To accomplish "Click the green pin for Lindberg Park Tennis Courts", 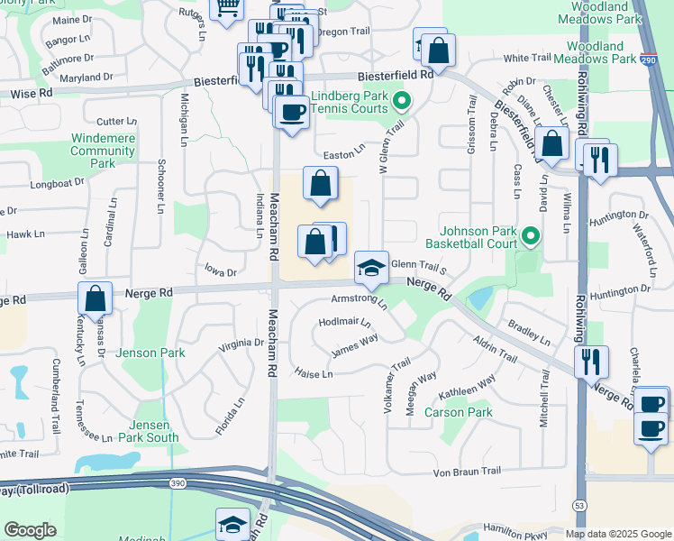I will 403,102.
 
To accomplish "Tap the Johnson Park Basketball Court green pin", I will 531,237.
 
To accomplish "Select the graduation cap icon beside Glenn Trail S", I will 370,266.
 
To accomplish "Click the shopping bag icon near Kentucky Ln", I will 95,298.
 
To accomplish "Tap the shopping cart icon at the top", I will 227,7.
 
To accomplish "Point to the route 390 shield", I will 171,484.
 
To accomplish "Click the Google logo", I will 30,530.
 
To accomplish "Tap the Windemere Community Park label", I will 102,151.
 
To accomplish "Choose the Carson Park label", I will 459,412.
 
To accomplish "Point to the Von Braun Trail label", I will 467,472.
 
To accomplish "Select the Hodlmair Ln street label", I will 344,322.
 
